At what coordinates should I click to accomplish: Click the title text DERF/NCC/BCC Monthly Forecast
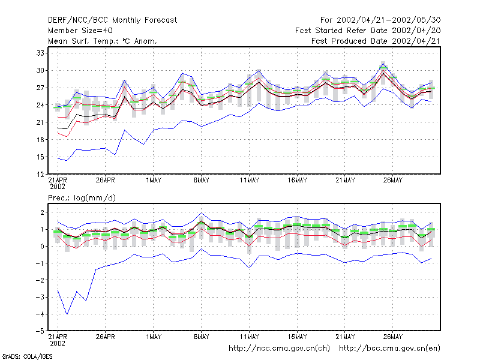click(112, 20)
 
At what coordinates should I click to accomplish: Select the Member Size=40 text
click(80, 31)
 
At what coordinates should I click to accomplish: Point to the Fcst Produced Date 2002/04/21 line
click(376, 41)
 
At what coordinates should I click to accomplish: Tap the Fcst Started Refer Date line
click(368, 31)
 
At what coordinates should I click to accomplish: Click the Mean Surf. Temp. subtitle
click(103, 41)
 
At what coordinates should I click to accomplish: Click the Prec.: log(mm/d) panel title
click(82, 198)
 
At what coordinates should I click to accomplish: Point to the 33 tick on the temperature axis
click(40, 53)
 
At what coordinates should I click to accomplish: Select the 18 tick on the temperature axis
click(40, 140)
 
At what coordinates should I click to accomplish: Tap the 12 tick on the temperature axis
click(40, 175)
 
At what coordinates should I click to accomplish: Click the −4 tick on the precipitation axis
click(40, 314)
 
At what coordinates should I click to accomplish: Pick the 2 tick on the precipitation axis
click(42, 212)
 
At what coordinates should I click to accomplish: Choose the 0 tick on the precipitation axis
click(42, 247)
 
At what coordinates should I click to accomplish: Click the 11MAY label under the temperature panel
click(249, 181)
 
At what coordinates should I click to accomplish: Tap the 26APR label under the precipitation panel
click(106, 337)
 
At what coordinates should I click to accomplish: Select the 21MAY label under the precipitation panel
click(345, 337)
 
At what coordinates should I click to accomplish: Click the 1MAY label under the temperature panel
click(154, 181)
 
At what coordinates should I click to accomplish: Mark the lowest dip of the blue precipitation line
click(67, 314)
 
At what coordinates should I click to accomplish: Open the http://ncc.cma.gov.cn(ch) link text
click(279, 349)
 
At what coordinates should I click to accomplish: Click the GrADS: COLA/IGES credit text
click(27, 356)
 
